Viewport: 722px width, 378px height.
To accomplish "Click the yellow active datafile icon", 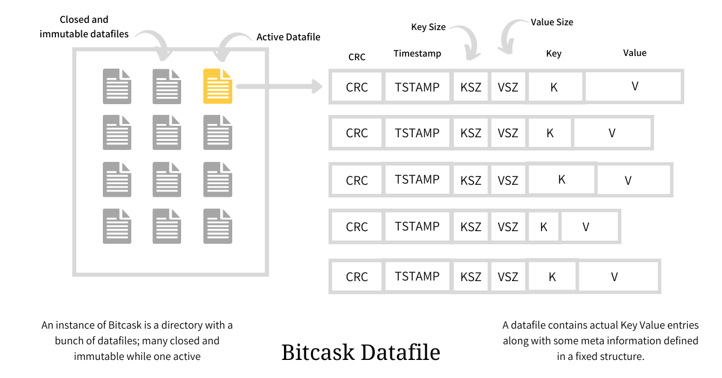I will point(217,86).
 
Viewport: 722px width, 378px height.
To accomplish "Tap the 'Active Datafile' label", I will point(288,37).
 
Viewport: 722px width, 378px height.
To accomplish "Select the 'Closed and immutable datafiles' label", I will point(84,27).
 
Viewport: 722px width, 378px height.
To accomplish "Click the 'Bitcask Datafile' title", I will point(360,352).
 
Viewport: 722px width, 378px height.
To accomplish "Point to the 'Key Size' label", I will point(428,27).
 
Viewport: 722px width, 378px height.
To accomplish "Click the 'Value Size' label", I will point(552,22).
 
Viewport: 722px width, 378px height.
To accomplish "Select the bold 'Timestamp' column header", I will point(417,54).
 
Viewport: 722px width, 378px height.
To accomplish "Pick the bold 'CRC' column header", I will point(357,57).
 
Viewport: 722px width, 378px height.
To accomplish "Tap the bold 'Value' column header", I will point(635,53).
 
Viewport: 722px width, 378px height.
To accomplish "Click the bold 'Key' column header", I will point(554,54).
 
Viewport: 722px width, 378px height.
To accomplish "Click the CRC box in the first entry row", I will point(357,87).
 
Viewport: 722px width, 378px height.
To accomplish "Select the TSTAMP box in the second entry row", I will point(417,133).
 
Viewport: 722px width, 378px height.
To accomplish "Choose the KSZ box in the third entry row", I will point(471,180).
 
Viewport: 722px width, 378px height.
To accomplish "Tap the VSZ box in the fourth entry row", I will point(508,227).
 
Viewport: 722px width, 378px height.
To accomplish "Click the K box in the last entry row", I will point(552,276).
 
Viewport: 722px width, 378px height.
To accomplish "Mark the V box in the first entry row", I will point(634,86).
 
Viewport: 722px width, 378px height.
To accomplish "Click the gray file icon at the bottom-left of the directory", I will point(117,226).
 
